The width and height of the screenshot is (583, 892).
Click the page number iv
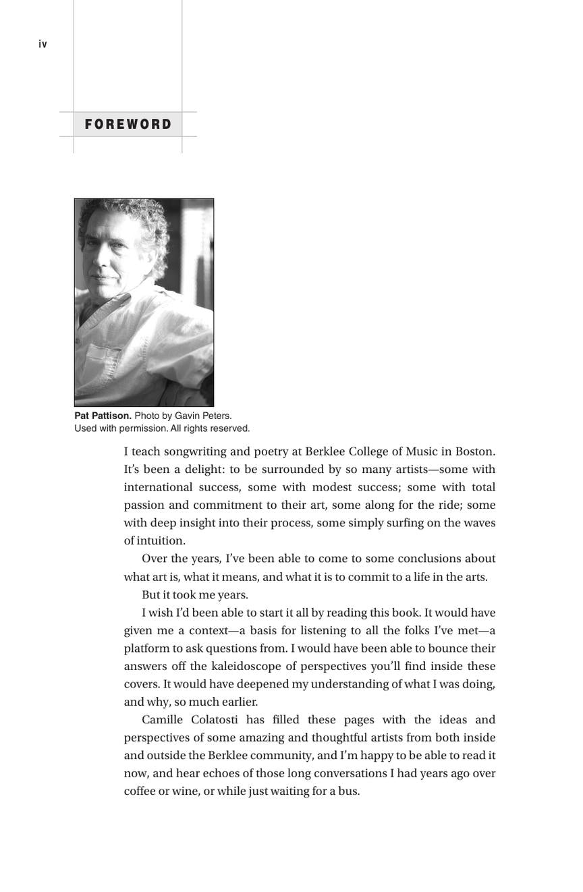(x=43, y=45)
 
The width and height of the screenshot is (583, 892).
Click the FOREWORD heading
(x=128, y=124)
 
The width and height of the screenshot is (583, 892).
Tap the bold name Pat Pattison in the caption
(x=103, y=416)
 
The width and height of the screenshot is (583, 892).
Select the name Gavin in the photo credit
(x=187, y=416)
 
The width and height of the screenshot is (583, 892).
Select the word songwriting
(x=195, y=451)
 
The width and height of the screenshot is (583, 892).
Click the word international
(x=158, y=487)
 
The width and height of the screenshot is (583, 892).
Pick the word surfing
(x=404, y=523)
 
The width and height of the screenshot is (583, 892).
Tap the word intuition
(x=161, y=540)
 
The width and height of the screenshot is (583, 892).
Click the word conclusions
(x=429, y=559)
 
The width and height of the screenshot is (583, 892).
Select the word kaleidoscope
(x=246, y=666)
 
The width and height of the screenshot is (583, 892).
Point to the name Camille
(x=162, y=719)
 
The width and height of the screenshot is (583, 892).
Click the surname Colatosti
(x=215, y=719)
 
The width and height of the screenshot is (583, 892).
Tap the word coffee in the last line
(x=140, y=791)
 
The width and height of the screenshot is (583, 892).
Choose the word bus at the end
(x=349, y=791)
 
